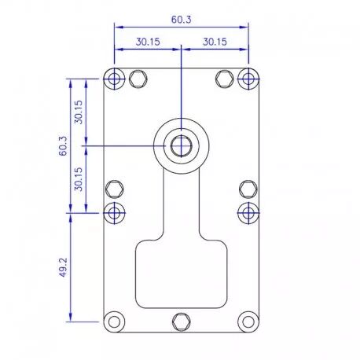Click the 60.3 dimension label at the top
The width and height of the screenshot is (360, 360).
pyautogui.click(x=182, y=20)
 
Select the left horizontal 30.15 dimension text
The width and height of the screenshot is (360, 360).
pyautogui.click(x=148, y=42)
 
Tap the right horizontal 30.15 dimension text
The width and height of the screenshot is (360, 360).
pyautogui.click(x=215, y=42)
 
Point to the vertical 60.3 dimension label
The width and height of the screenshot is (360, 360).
pyautogui.click(x=63, y=146)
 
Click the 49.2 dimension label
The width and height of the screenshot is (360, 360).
pyautogui.click(x=63, y=267)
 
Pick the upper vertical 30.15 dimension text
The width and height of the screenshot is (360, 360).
pyautogui.click(x=79, y=112)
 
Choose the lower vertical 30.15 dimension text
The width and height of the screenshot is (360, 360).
pyautogui.click(x=79, y=179)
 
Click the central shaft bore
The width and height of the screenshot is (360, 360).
pyautogui.click(x=182, y=146)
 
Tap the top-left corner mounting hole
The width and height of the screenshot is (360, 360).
pyautogui.click(x=114, y=79)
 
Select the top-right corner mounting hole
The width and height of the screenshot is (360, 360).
pyautogui.click(x=248, y=79)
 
